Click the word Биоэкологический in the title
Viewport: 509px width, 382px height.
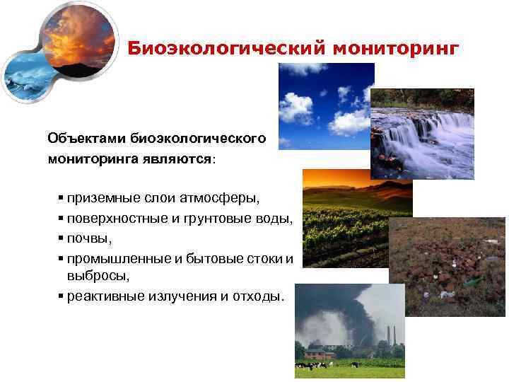pos(206,49)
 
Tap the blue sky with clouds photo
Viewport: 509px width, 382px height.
pos(326,106)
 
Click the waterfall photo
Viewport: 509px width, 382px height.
pos(431,134)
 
